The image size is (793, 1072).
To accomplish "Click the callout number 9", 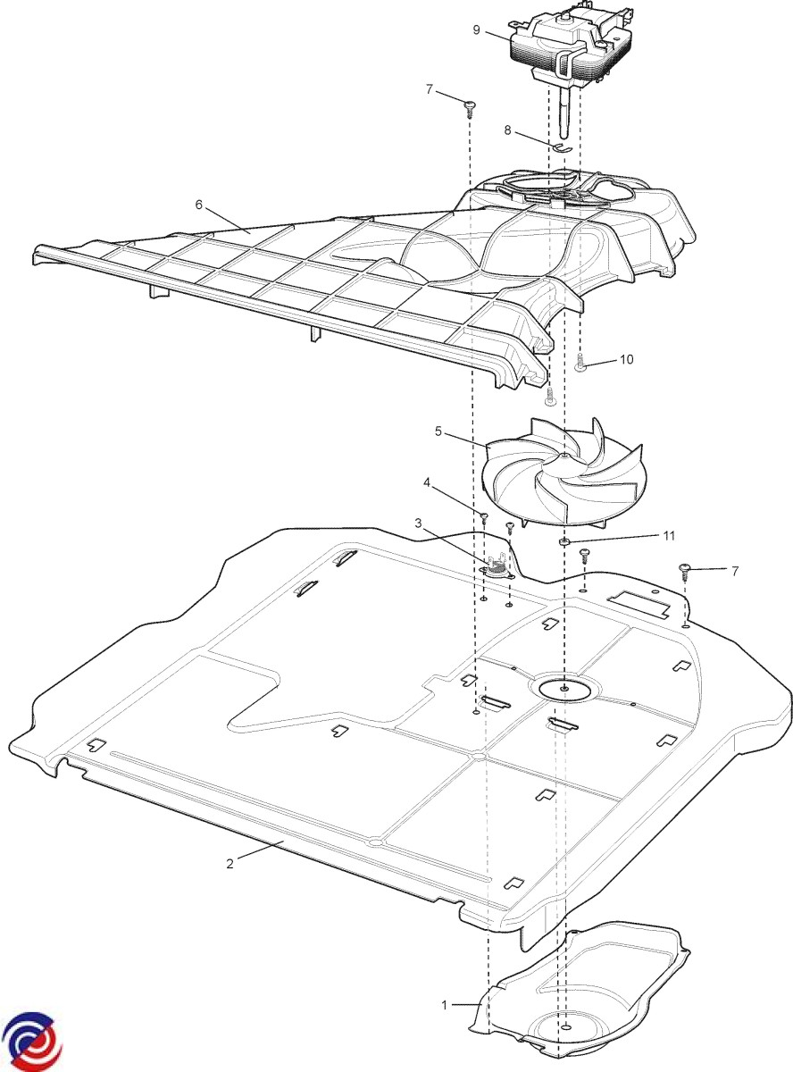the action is tap(477, 30).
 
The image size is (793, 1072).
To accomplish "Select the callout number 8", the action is tap(507, 130).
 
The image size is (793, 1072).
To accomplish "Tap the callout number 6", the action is tap(198, 205).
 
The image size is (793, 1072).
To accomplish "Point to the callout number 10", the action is tap(626, 360).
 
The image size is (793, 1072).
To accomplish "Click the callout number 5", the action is tap(438, 431).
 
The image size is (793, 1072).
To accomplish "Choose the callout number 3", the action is tap(419, 523).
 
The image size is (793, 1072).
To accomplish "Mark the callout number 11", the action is tap(669, 535).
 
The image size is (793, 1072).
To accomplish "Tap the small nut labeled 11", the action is tap(564, 541).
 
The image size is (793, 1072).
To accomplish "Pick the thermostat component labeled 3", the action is tap(495, 566).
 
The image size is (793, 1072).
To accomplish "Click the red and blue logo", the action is tap(31, 1040).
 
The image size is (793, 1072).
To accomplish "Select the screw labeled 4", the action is tap(483, 519).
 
